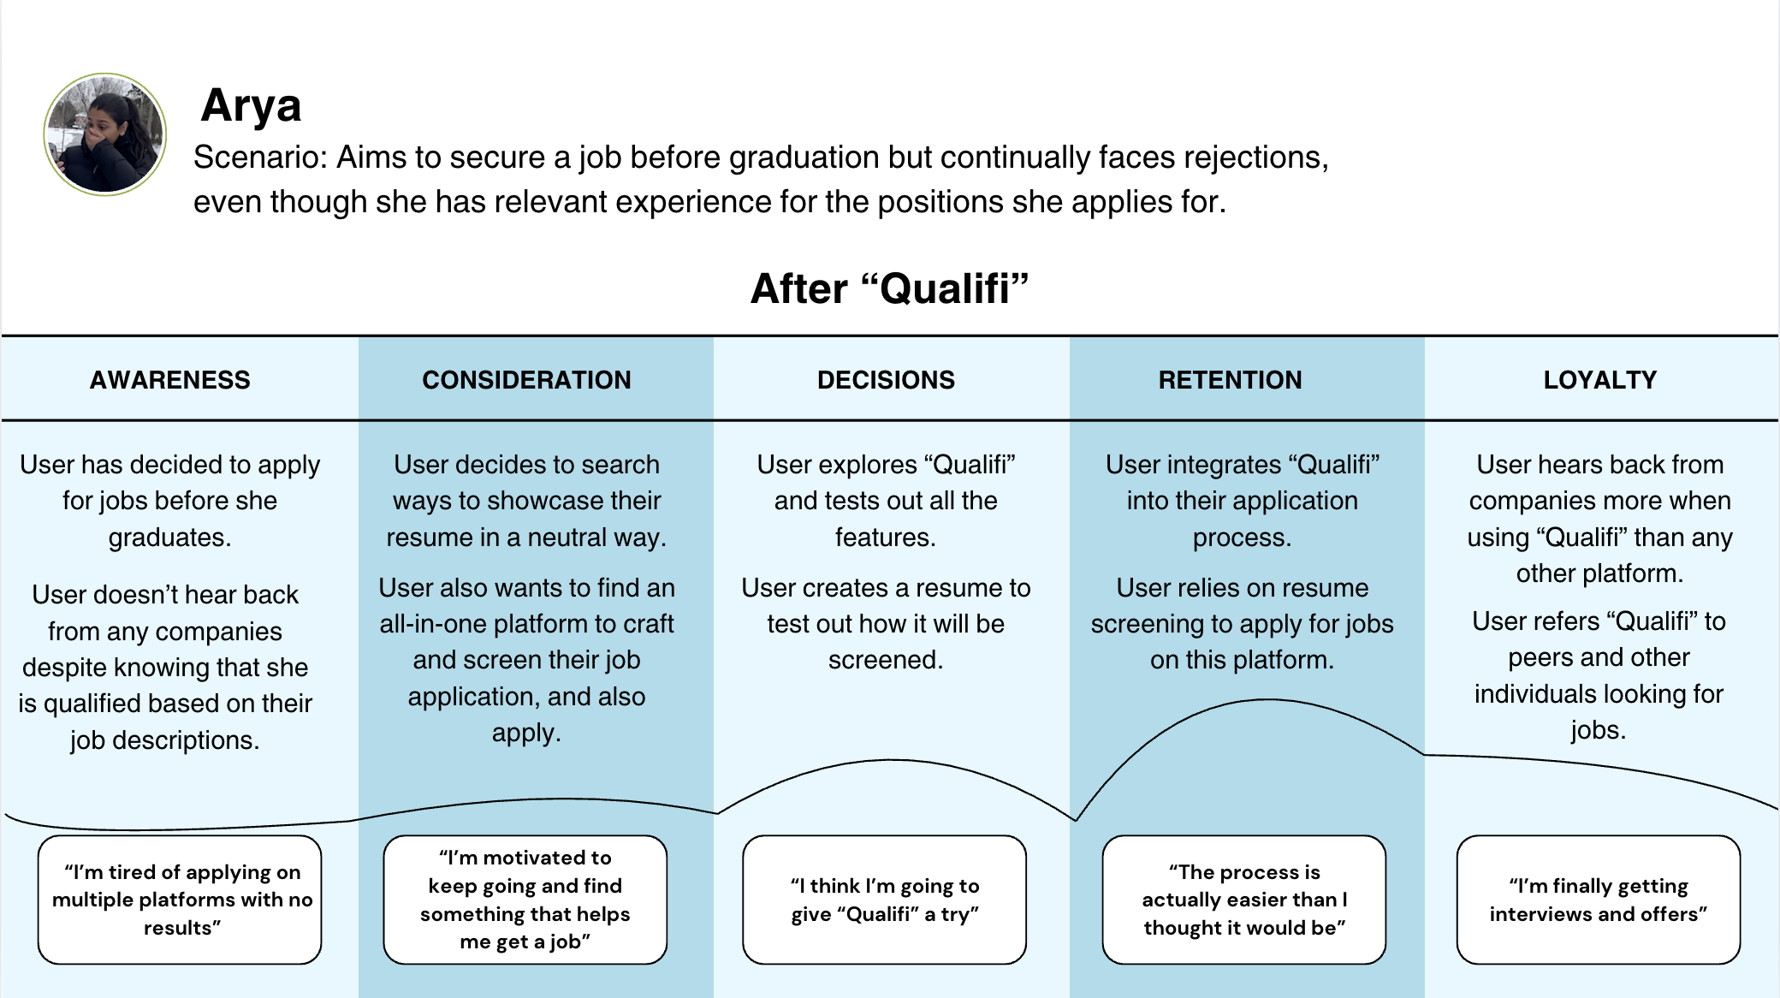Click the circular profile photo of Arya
coord(105,134)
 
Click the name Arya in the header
coord(251,106)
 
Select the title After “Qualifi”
coord(889,288)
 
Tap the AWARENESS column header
coord(170,379)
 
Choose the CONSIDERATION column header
coord(526,379)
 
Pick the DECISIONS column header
coord(886,379)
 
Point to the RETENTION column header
coord(1230,379)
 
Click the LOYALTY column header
coord(1600,379)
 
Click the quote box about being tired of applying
coord(180,900)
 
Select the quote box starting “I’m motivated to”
coord(525,900)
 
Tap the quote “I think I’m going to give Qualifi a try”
coord(884,900)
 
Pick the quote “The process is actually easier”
coord(1244,900)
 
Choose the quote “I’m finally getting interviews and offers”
coord(1599,900)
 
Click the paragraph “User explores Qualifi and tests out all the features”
coord(886,501)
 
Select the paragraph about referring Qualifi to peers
coord(1599,675)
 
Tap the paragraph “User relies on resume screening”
coord(1242,624)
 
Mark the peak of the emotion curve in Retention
coord(1267,700)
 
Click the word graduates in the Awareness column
coord(169,538)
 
